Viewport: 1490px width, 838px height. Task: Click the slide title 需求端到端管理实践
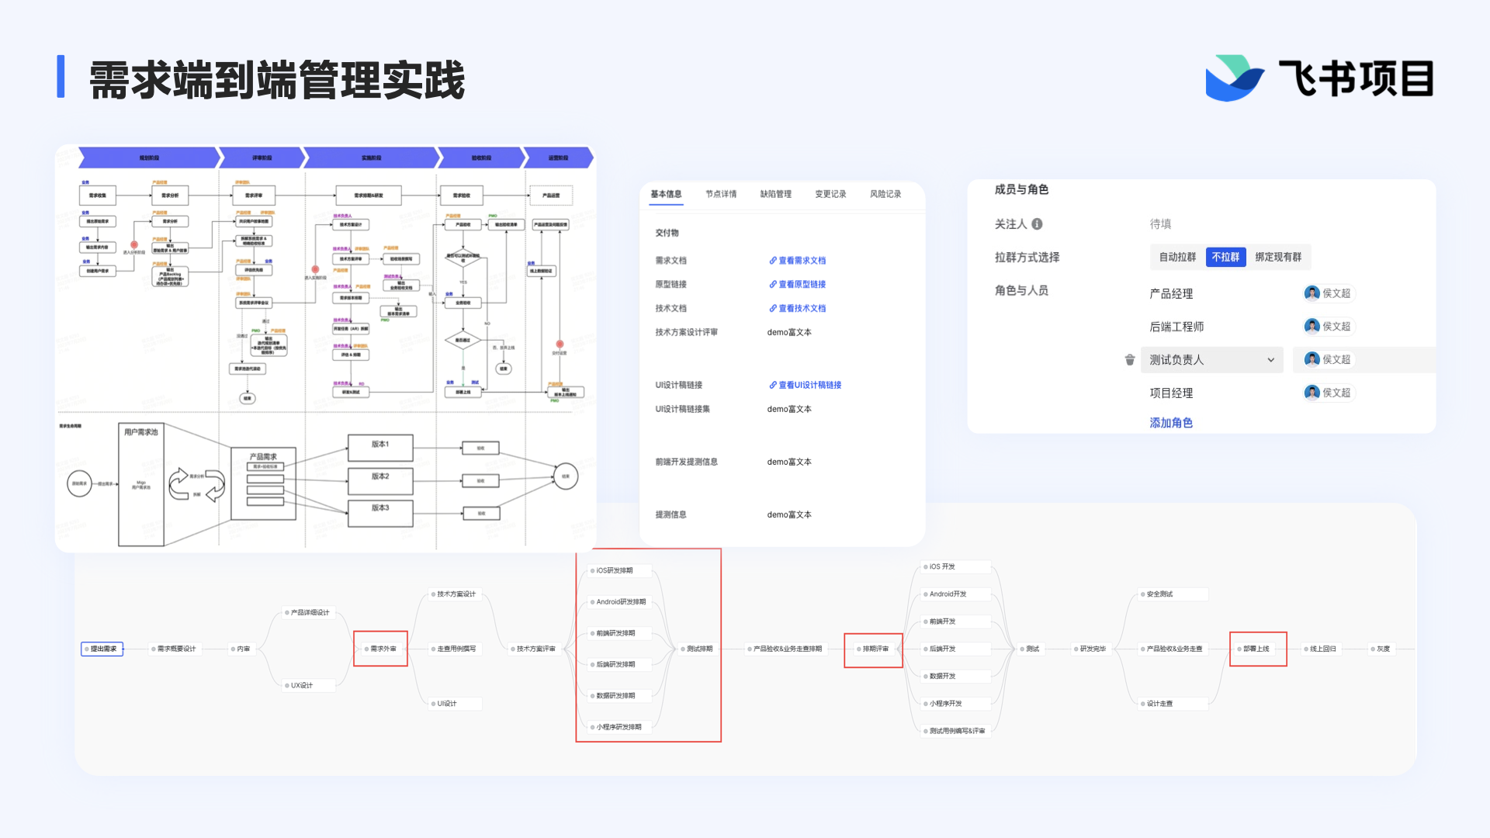coord(277,80)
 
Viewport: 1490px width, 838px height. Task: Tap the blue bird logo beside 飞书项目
coord(1233,78)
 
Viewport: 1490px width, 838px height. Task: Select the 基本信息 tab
coord(666,194)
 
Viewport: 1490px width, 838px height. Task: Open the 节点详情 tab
coord(721,194)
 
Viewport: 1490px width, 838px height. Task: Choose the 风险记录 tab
coord(885,194)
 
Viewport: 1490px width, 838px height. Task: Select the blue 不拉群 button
coord(1225,257)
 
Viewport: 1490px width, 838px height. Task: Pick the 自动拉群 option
coord(1177,257)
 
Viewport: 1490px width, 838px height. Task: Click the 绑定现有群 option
coord(1278,257)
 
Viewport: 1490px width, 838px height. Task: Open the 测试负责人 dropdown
coord(1211,360)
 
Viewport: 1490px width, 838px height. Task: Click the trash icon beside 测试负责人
coord(1130,360)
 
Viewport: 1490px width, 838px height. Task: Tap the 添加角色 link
coord(1171,423)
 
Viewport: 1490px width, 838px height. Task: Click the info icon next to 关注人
coord(1037,224)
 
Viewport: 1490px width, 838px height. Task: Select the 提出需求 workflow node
coord(102,649)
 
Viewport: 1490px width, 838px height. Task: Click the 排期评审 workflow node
coord(875,649)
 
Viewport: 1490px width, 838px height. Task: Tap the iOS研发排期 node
coord(614,570)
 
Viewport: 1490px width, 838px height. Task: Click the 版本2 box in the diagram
coord(380,477)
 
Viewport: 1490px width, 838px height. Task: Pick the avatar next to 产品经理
coord(1312,293)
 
